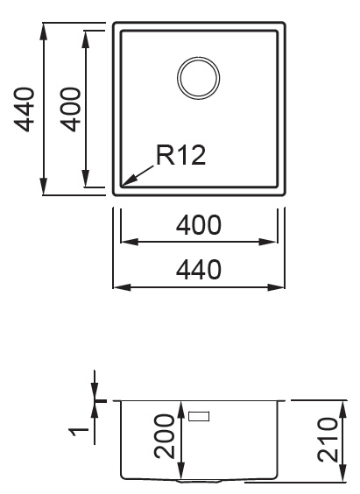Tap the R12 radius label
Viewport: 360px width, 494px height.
[181, 155]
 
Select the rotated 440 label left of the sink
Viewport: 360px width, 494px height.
[24, 109]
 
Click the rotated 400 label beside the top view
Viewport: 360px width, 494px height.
[71, 109]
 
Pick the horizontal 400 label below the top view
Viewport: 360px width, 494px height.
[199, 225]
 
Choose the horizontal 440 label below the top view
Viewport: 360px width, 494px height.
[199, 270]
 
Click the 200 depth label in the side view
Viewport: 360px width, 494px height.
[164, 436]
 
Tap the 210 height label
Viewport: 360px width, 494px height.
[328, 440]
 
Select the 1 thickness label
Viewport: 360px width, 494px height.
[80, 431]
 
